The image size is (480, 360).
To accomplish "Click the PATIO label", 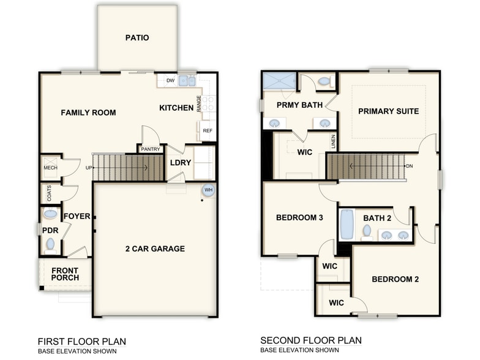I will click(137, 38).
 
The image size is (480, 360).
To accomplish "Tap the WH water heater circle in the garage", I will click(208, 190).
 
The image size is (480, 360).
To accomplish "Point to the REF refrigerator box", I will click(207, 130).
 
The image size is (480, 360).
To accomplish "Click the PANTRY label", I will click(151, 149).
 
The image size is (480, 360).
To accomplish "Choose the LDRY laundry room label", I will click(181, 162).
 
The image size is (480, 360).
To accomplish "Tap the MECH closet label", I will click(50, 168).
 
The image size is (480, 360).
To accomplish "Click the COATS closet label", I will click(49, 193).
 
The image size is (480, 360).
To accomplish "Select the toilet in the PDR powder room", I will click(50, 245).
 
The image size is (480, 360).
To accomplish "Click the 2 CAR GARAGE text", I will click(154, 249).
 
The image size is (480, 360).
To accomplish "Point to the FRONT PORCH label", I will click(65, 274).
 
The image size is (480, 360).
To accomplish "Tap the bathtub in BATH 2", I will click(347, 225).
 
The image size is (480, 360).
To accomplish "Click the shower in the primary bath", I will click(280, 81).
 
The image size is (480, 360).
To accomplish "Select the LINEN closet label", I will click(333, 141).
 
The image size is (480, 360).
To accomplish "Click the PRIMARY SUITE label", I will click(388, 111).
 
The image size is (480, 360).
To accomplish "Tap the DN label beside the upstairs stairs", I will click(408, 166).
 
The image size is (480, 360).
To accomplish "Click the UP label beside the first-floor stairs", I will click(88, 167).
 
